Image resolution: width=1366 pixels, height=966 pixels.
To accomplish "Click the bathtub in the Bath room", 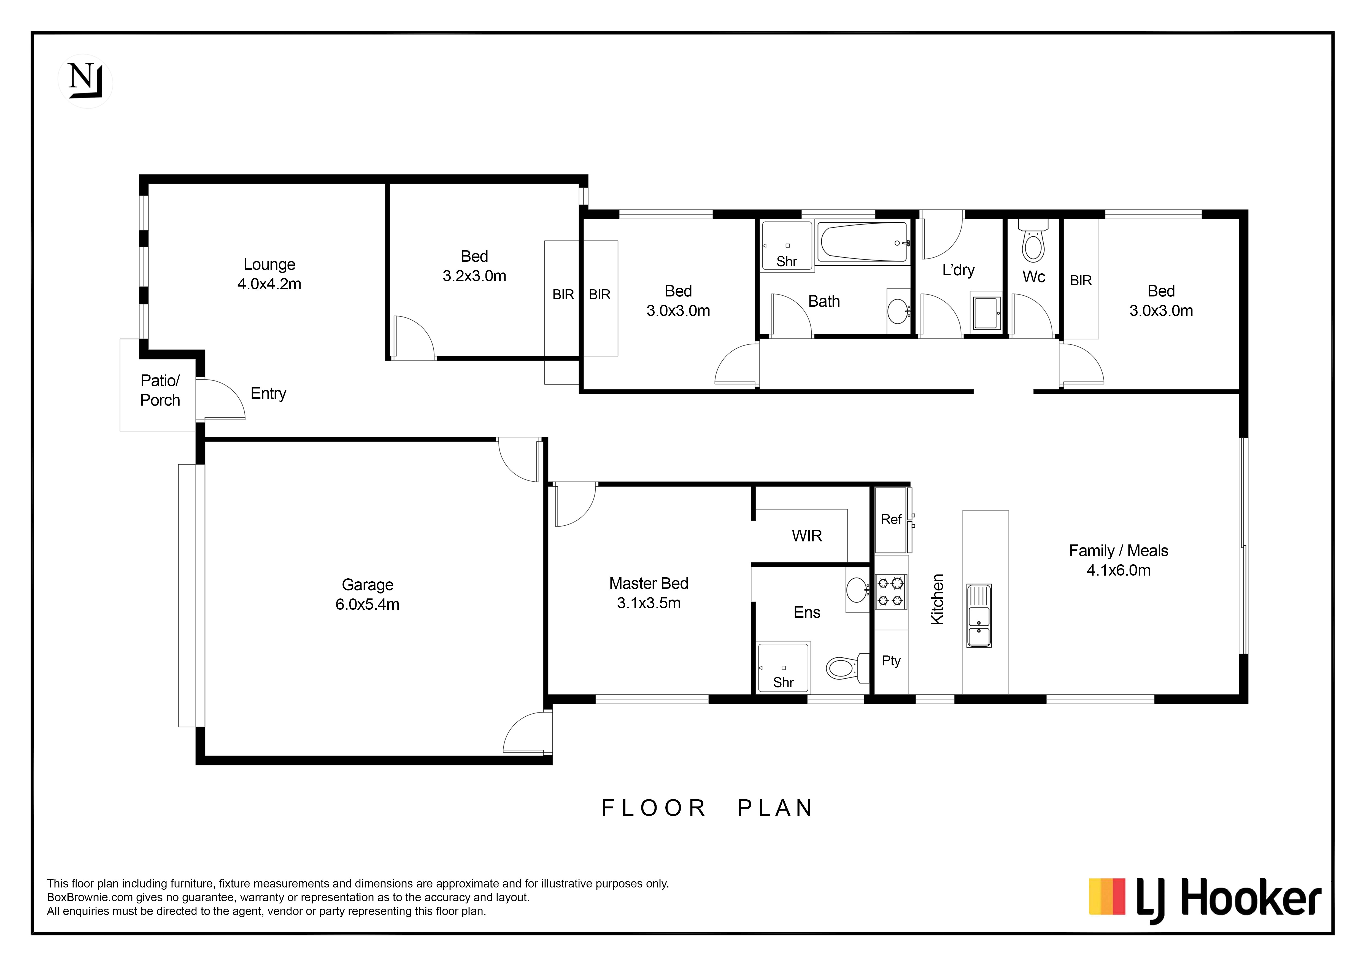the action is tap(863, 242).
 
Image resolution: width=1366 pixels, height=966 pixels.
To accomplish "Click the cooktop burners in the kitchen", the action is tap(891, 592).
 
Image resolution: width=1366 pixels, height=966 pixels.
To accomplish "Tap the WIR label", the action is tap(807, 536).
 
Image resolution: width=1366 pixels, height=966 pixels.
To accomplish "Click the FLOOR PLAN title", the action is tap(708, 808).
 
